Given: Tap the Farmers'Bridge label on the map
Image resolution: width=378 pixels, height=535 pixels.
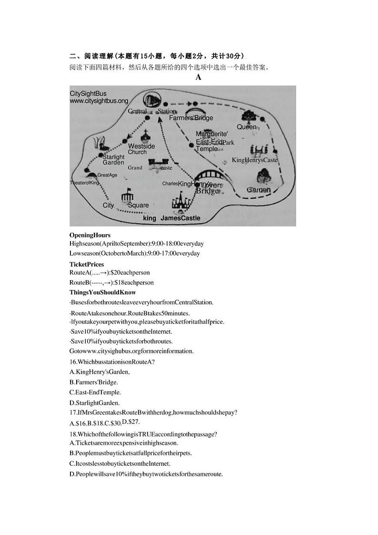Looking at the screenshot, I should click(191, 118).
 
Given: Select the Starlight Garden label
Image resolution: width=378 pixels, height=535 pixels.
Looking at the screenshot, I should click(113, 160).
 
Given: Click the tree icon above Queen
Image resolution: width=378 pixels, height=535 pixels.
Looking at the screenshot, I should click(248, 116).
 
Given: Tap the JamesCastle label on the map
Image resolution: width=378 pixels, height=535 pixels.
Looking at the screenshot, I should click(180, 218).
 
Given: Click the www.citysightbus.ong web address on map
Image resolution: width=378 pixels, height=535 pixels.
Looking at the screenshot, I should click(99, 101).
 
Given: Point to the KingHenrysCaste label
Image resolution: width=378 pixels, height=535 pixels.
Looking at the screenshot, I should click(254, 160).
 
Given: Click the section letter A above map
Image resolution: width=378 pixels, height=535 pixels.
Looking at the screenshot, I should click(199, 77).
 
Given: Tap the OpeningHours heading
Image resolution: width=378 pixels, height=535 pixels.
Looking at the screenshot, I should click(90, 235).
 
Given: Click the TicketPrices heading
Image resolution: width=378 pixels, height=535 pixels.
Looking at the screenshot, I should click(87, 264).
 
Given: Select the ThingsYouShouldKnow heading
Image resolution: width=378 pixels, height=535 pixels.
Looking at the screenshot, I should click(102, 292).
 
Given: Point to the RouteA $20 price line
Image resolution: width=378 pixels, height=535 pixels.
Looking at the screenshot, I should click(109, 273).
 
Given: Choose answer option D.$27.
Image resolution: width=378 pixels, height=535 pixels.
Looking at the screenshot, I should click(131, 422).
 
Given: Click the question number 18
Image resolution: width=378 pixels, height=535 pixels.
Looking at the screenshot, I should click(73, 434).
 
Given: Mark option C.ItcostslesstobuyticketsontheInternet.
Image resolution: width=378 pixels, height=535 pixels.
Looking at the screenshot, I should click(120, 463).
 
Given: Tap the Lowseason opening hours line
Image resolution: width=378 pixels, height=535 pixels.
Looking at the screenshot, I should click(135, 253).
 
